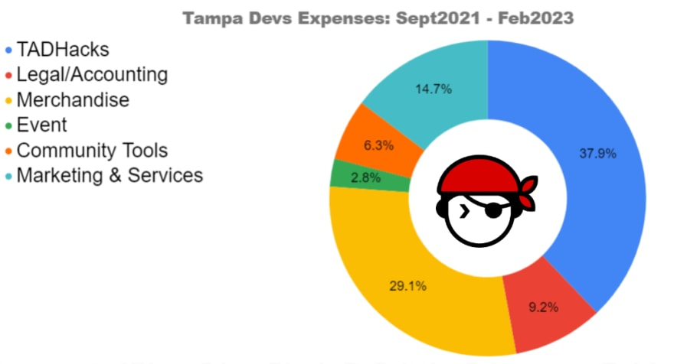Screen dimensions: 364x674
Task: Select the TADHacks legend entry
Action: pyautogui.click(x=63, y=50)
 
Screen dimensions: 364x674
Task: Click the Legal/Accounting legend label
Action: pyautogui.click(x=92, y=75)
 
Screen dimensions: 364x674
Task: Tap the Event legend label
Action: pyautogui.click(x=42, y=125)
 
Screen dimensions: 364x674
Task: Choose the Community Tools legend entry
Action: pyautogui.click(x=92, y=150)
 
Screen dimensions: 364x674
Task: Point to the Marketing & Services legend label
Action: pyautogui.click(x=110, y=175)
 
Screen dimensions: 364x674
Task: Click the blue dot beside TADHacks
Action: pyautogui.click(x=8, y=50)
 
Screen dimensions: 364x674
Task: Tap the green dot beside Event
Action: pyautogui.click(x=8, y=125)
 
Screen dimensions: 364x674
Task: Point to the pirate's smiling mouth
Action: pyautogui.click(x=490, y=229)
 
